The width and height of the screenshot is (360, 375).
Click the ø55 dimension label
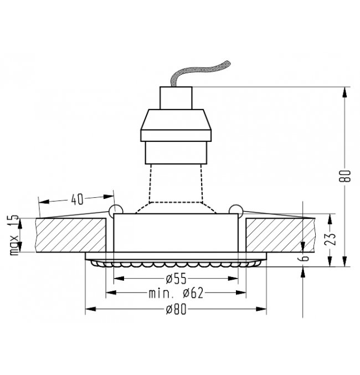click(176, 279)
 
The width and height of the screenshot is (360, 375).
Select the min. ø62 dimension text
click(176, 293)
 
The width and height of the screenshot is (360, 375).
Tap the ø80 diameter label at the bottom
click(176, 310)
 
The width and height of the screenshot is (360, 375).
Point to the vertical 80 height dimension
click(344, 176)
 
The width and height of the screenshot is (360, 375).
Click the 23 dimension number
click(330, 239)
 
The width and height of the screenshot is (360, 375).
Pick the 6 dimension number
click(305, 258)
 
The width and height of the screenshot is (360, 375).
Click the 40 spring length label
click(78, 199)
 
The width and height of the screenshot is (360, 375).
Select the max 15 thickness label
click(14, 235)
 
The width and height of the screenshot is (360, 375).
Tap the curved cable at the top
click(198, 71)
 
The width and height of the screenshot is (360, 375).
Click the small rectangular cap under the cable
click(176, 98)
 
